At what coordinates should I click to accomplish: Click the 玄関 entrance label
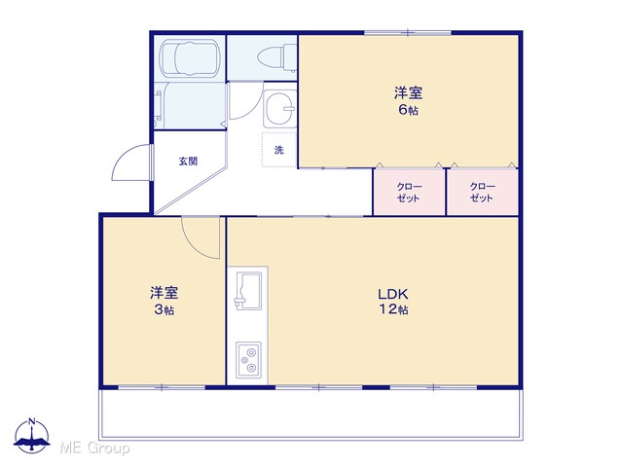coord(188,162)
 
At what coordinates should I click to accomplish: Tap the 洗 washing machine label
coord(279,150)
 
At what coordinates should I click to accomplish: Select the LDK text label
coord(392,294)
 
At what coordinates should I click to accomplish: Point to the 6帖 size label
coord(409,110)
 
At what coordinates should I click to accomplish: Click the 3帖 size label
coord(165,309)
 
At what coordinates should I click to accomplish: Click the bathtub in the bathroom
coord(191,58)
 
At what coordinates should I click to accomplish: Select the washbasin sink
coord(279,108)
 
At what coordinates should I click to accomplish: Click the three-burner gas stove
coord(249,360)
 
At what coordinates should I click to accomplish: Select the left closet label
coord(409,193)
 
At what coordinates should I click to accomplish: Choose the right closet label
coord(483,193)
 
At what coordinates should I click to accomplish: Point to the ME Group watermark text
coord(94,448)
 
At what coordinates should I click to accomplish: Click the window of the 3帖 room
coord(162,387)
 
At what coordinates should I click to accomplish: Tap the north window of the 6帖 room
coord(408,32)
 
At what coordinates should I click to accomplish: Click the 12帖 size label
coord(393,309)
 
